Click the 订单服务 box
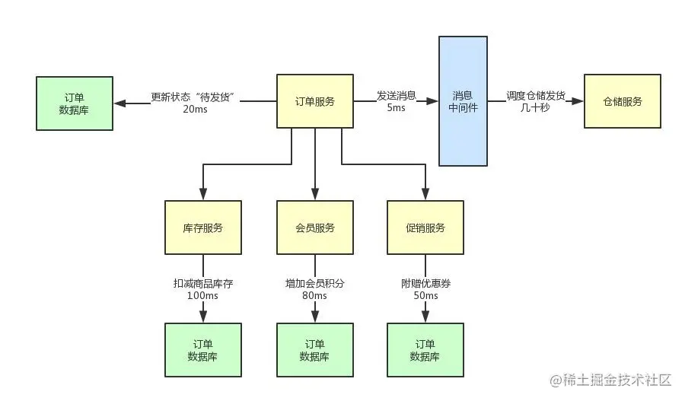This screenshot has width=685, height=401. pyautogui.click(x=314, y=101)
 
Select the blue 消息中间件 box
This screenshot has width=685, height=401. pyautogui.click(x=463, y=101)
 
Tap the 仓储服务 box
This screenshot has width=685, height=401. pyautogui.click(x=622, y=101)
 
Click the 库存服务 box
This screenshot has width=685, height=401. pyautogui.click(x=203, y=228)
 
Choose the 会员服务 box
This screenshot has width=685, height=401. pyautogui.click(x=314, y=228)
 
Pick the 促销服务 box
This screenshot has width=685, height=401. pyautogui.click(x=425, y=228)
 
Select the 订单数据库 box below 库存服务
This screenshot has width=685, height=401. pyautogui.click(x=203, y=350)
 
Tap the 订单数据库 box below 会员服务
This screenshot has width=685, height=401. pyautogui.click(x=314, y=350)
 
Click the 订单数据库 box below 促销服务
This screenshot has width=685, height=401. pyautogui.click(x=425, y=350)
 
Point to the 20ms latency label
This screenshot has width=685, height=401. pyautogui.click(x=195, y=109)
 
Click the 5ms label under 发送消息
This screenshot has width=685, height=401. pyautogui.click(x=396, y=108)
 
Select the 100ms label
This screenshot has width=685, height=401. pyautogui.click(x=202, y=295)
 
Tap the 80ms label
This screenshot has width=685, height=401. pyautogui.click(x=314, y=295)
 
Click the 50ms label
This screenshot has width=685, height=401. pyautogui.click(x=425, y=295)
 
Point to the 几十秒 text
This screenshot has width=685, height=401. pyautogui.click(x=535, y=108)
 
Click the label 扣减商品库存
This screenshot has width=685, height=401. pyautogui.click(x=202, y=283)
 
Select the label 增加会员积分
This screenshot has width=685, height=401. pyautogui.click(x=314, y=283)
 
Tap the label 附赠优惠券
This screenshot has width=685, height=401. pyautogui.click(x=425, y=283)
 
